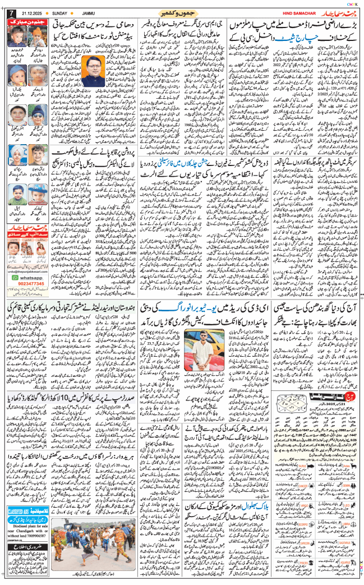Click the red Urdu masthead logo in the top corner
coord(337,11)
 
